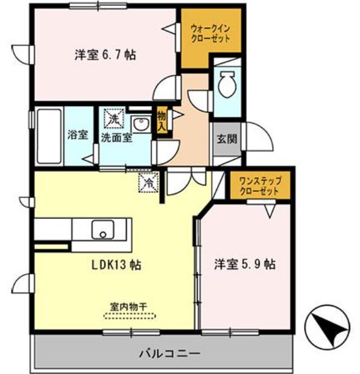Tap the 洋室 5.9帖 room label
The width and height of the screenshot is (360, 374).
[x=245, y=264]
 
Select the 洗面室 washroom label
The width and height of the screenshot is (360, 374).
[x=117, y=137]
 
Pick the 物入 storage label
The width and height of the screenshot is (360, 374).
[x=162, y=121]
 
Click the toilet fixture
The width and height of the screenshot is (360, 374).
[x=228, y=84]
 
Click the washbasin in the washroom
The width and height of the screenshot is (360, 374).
[x=142, y=124]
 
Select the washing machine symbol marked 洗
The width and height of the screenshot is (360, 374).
[x=114, y=118]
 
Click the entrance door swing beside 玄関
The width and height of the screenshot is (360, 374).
[x=254, y=135]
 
